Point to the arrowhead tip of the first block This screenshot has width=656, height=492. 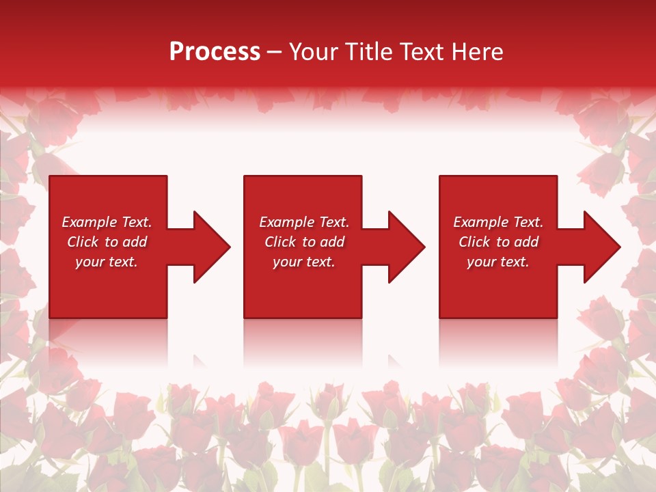pos(229,247)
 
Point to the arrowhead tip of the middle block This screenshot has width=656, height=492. pos(424,247)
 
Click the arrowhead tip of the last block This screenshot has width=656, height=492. pos(619,247)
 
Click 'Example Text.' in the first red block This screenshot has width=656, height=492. pos(107,222)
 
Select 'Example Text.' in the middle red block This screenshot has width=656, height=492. pos(304,222)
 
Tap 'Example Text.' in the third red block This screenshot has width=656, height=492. pos(498,222)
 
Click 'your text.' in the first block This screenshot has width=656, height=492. pos(107,262)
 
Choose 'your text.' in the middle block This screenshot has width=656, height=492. pos(304,262)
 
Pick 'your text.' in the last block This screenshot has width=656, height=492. pos(498,262)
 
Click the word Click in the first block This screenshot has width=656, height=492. pos(83,242)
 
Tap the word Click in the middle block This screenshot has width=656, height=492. pos(280,242)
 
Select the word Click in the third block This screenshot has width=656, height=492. pos(474,242)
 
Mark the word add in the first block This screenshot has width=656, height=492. pos(135,242)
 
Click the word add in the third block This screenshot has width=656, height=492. pos(526,242)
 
